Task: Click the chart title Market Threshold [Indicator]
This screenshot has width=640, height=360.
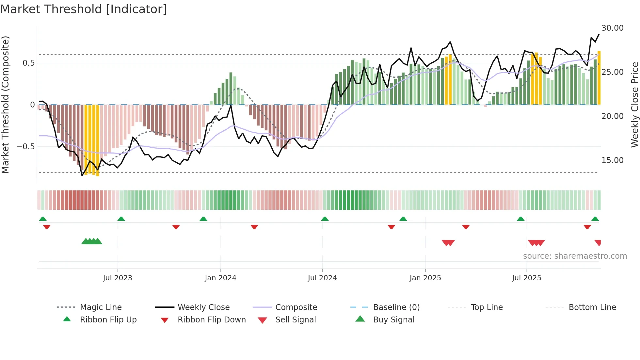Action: click(84, 9)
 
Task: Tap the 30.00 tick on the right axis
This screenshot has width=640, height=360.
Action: click(612, 28)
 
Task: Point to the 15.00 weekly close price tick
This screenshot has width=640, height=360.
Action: click(612, 160)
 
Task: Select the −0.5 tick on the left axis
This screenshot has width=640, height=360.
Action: click(25, 147)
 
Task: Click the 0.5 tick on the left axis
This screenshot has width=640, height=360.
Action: click(28, 63)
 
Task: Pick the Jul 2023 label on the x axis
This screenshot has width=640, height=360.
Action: click(118, 278)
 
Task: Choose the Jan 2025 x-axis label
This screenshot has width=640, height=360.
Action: click(425, 278)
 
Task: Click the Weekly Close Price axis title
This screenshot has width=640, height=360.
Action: click(634, 105)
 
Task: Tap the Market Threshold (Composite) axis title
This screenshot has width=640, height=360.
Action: click(5, 105)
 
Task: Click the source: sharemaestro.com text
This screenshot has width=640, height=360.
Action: click(575, 256)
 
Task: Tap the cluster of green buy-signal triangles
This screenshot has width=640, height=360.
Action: click(92, 241)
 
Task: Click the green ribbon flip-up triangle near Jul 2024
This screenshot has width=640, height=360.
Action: click(325, 219)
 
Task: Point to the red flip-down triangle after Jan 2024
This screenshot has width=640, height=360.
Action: click(254, 227)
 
